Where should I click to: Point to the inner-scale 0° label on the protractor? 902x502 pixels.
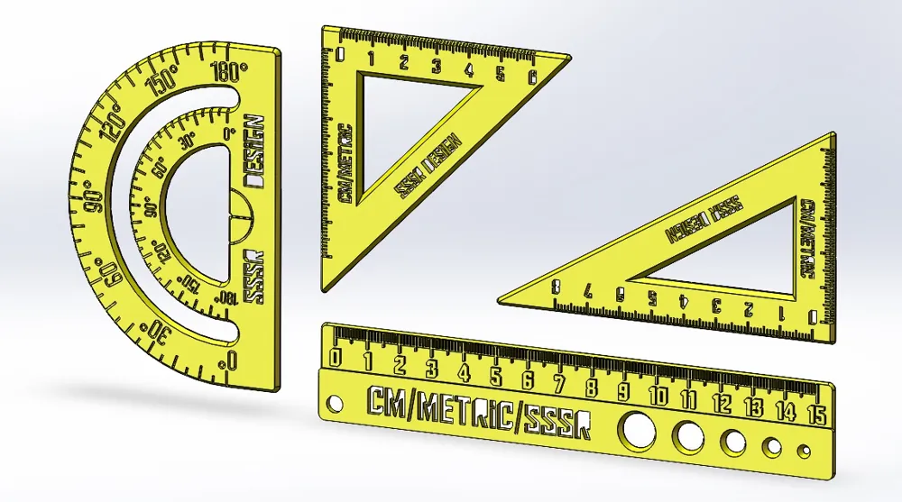229,134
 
